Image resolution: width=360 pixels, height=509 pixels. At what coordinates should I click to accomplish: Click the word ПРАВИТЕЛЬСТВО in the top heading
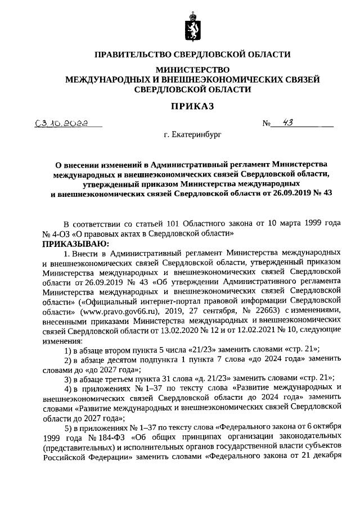[x=132, y=55]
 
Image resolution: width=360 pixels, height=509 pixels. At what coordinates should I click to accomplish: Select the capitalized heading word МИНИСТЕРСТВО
[x=192, y=70]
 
